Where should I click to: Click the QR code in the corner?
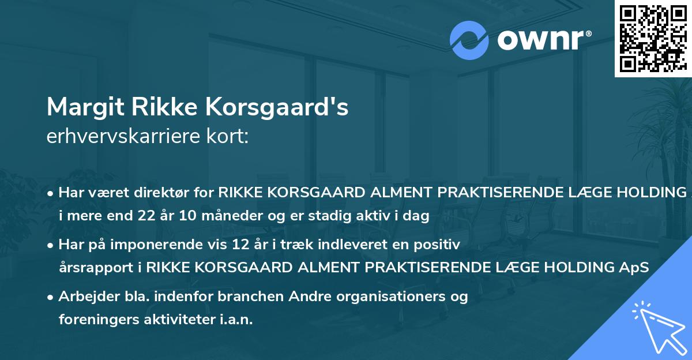pos(652,38)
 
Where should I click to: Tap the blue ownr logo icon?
pos(469,40)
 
